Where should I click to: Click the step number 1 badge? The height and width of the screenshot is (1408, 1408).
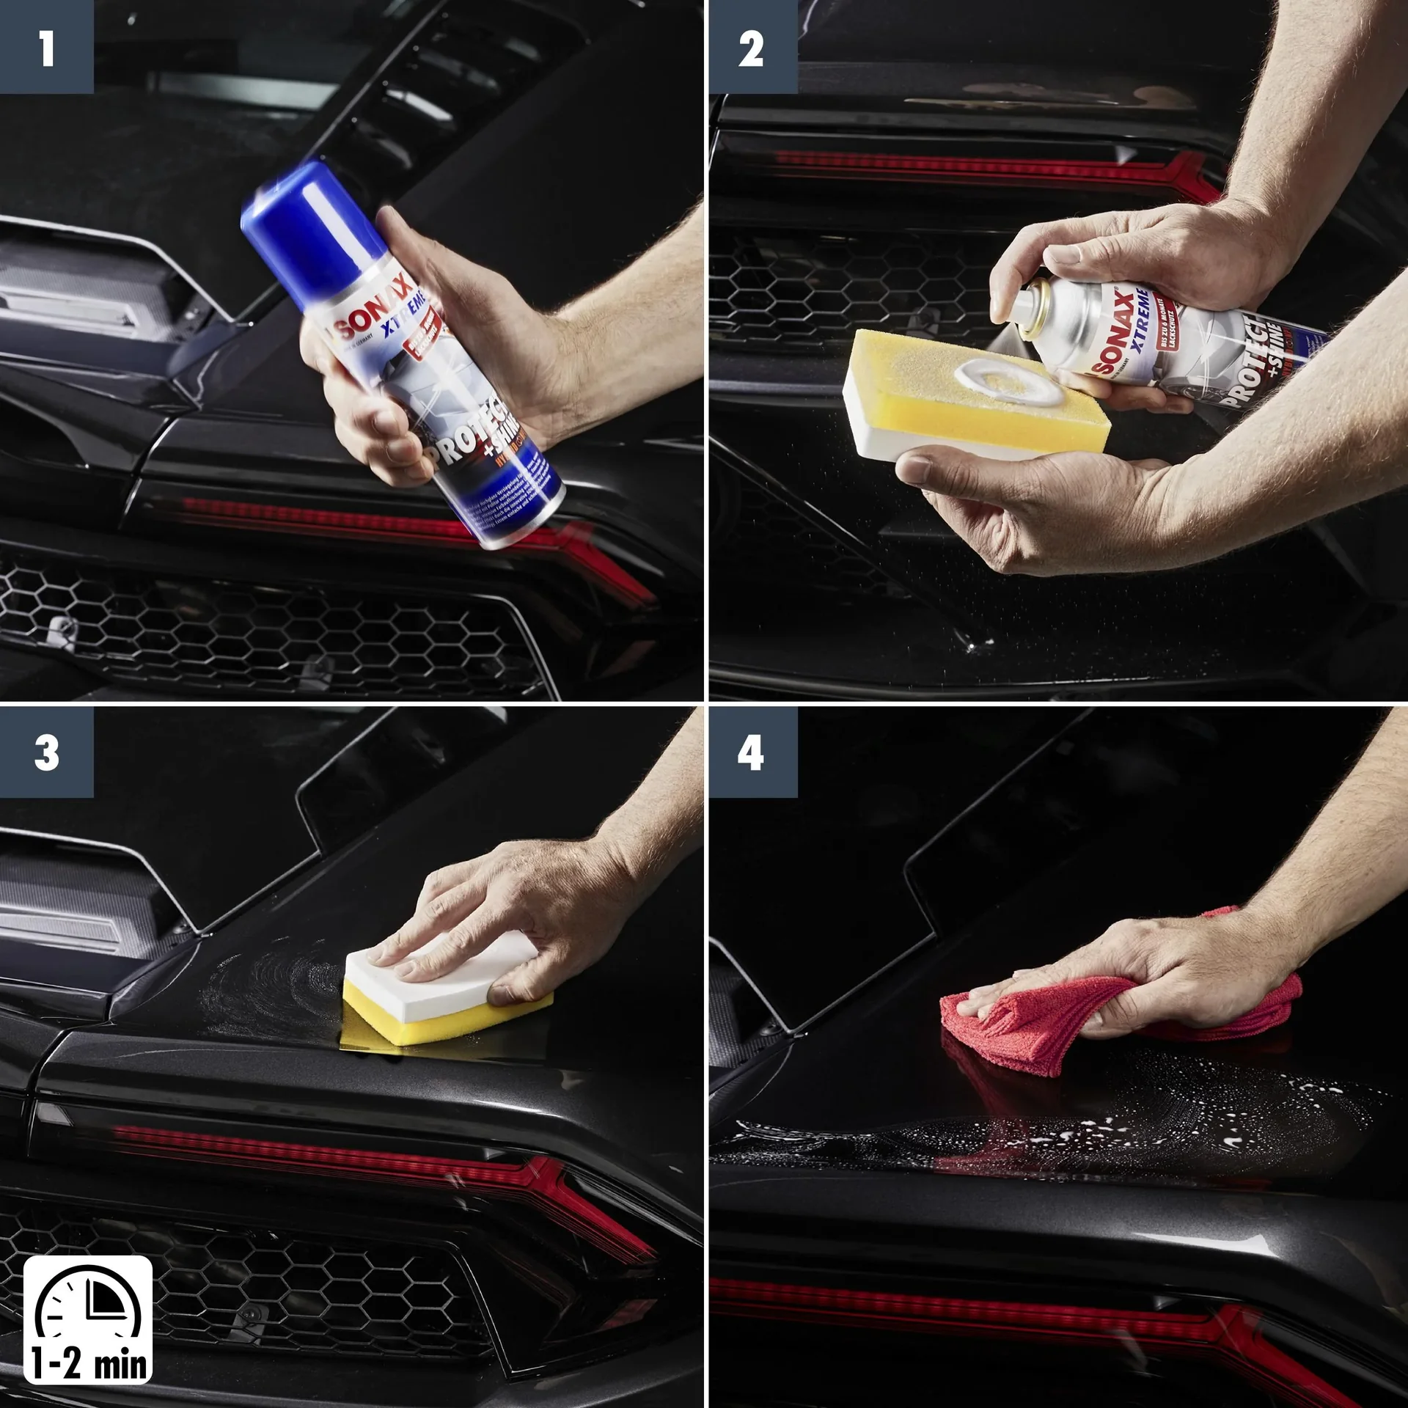coord(46,47)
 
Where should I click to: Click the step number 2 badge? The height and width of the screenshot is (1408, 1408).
coord(752,47)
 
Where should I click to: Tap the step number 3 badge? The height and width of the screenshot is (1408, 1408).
coord(46,752)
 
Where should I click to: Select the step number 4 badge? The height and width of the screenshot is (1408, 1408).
coord(752,752)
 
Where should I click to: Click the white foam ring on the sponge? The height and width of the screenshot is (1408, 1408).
coord(1008,381)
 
